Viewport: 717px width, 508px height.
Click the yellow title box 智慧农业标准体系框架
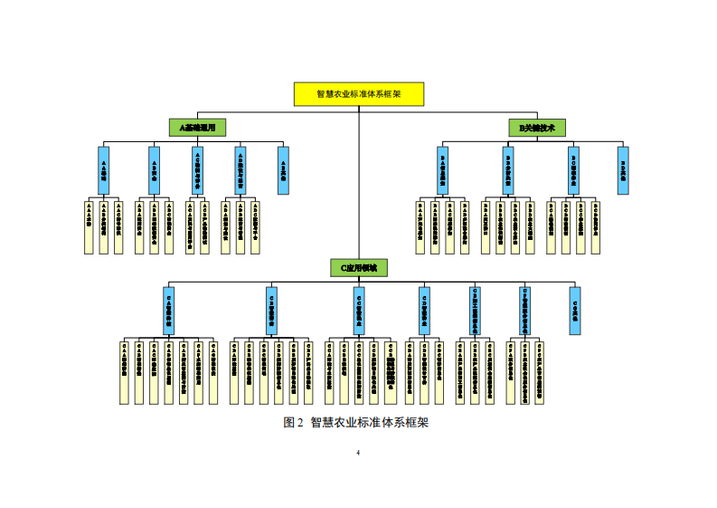pyautogui.click(x=358, y=93)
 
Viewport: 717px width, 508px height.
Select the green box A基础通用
pyautogui.click(x=196, y=128)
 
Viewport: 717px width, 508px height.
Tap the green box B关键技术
pyautogui.click(x=536, y=128)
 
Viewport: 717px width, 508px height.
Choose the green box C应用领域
pyautogui.click(x=358, y=267)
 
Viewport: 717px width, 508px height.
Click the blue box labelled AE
pyautogui.click(x=283, y=170)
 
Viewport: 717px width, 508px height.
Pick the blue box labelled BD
pyautogui.click(x=623, y=170)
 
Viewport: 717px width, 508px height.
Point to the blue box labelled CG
pyautogui.click(x=575, y=310)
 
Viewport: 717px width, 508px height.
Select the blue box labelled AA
pyautogui.click(x=103, y=170)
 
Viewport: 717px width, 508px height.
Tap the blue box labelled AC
pyautogui.click(x=197, y=170)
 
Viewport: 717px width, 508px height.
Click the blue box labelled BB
pyautogui.click(x=508, y=170)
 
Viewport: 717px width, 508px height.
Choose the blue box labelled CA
pyautogui.click(x=168, y=310)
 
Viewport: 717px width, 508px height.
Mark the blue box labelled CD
pyautogui.click(x=424, y=310)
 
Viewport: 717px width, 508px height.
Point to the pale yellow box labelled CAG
pyautogui.click(x=213, y=372)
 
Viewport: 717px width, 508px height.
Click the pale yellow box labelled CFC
pyautogui.click(x=541, y=372)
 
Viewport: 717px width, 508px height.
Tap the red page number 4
pyautogui.click(x=358, y=453)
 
